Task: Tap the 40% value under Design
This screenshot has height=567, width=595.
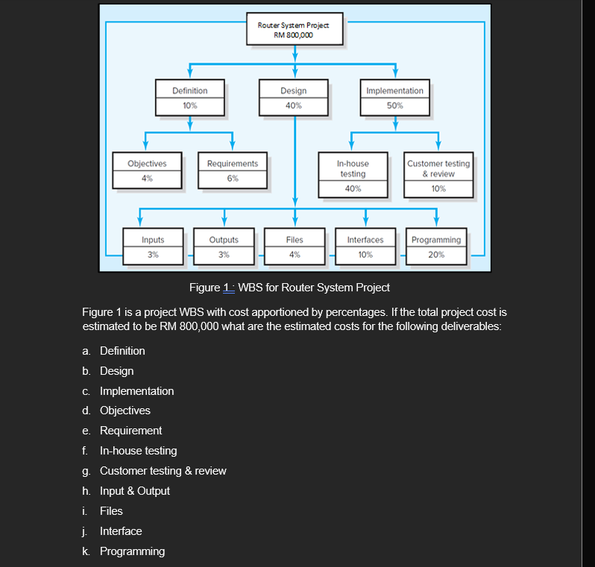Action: point(294,106)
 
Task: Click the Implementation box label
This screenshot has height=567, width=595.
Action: point(394,91)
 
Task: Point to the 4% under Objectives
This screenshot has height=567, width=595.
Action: point(147,179)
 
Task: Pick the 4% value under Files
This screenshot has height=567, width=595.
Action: point(295,255)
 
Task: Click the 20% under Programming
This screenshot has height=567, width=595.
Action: point(436,255)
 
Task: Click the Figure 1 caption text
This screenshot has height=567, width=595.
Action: point(289,288)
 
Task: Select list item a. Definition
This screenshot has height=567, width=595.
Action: point(122,351)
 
